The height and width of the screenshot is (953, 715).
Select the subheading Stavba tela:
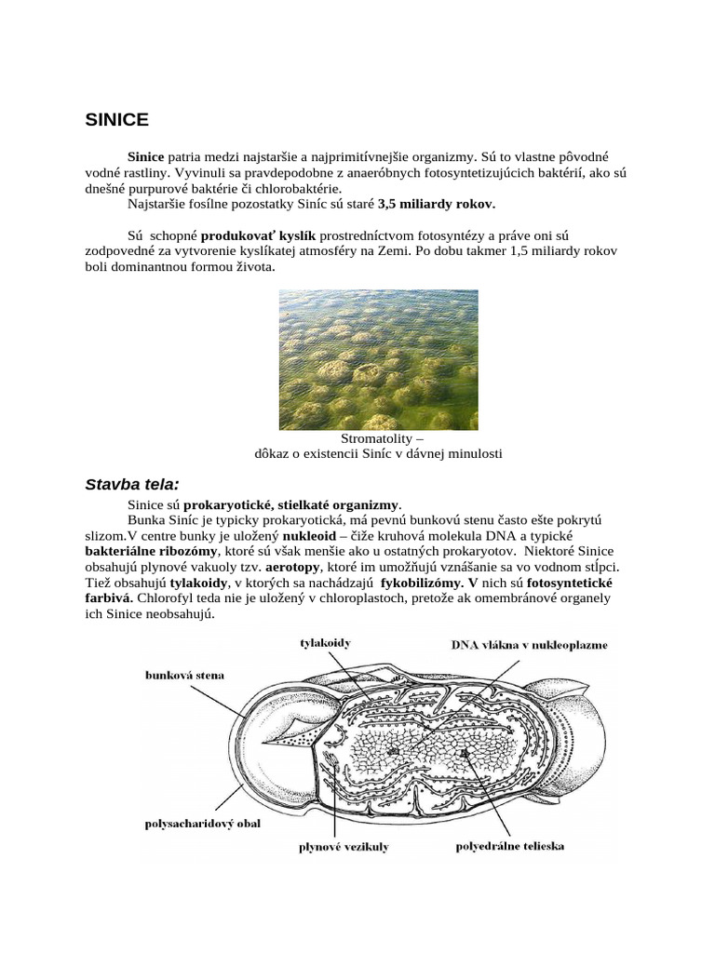click(132, 484)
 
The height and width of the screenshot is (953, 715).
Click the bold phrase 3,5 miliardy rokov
click(438, 203)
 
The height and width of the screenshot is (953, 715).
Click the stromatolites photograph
click(378, 359)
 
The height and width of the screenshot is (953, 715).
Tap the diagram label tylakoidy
click(326, 642)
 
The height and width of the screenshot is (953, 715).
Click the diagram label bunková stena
click(184, 674)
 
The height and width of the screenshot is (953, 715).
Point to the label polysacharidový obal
click(202, 823)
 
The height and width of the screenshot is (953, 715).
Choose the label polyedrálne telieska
click(509, 846)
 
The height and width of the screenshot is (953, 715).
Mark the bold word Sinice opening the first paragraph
click(146, 158)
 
